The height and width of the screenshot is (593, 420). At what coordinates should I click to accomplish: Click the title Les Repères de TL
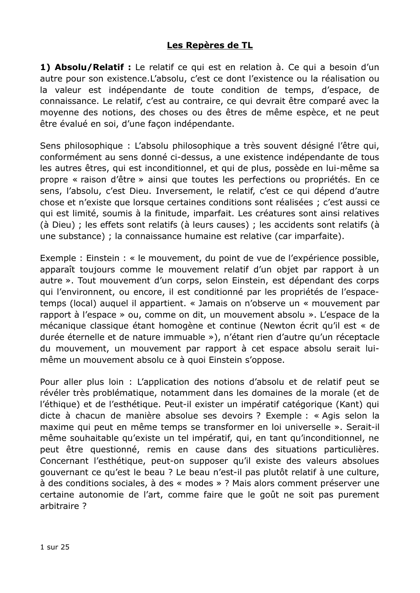(210, 45)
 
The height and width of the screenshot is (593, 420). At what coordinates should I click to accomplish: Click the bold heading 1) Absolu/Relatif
(85, 67)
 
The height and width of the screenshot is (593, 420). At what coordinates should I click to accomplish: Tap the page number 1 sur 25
(55, 547)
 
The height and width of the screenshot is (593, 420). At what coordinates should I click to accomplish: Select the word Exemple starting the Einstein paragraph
(58, 258)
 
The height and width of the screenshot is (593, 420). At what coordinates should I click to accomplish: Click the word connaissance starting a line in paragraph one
(67, 101)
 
